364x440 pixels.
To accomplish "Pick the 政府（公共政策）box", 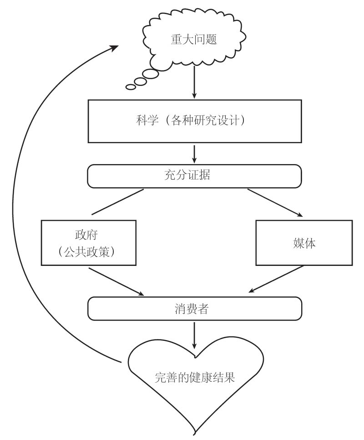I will [x=89, y=243].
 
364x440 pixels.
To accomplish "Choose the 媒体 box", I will [x=304, y=243].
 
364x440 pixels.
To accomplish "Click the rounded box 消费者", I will [x=194, y=309].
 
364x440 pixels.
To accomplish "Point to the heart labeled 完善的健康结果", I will [x=195, y=377].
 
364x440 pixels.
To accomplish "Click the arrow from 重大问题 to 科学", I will [x=194, y=82].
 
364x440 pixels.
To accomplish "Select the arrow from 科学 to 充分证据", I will [x=194, y=155].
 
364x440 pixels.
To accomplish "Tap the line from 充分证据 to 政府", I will [x=117, y=201].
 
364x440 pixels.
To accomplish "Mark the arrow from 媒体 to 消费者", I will [x=277, y=279].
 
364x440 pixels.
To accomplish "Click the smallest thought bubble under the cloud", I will [x=131, y=87].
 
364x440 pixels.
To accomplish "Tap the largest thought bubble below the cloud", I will [x=151, y=73].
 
